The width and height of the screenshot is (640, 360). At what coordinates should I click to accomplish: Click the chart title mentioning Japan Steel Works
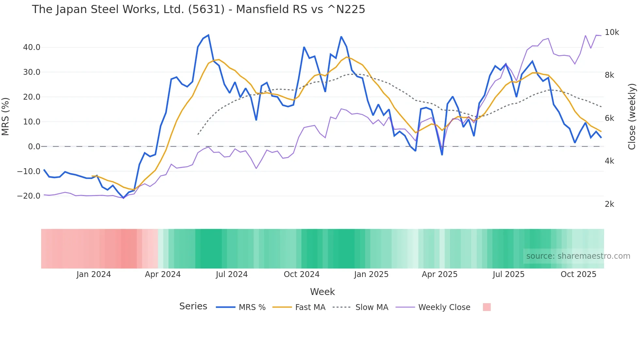[198, 9]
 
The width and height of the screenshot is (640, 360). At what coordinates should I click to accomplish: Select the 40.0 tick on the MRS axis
[32, 47]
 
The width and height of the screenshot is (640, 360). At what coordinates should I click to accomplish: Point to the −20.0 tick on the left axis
[29, 196]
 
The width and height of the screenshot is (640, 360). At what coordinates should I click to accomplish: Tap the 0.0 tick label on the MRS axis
[34, 147]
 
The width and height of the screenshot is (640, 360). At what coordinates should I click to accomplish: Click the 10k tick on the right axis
[612, 32]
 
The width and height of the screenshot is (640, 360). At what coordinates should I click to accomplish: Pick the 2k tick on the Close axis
[609, 204]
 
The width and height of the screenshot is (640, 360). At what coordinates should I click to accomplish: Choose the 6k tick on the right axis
[609, 118]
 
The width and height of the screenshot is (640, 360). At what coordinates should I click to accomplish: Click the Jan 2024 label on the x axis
[94, 274]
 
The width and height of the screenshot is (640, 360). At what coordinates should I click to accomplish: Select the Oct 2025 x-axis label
[578, 274]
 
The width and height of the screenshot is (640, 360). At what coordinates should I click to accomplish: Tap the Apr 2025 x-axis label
[440, 274]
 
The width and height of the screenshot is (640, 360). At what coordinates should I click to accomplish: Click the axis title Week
[322, 292]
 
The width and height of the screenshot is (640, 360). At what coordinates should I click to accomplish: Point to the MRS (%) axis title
[6, 116]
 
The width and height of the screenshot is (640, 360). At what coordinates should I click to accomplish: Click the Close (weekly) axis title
[632, 116]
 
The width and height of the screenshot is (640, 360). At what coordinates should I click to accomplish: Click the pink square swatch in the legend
[487, 307]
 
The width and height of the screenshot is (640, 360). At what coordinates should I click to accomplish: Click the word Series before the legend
[193, 306]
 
